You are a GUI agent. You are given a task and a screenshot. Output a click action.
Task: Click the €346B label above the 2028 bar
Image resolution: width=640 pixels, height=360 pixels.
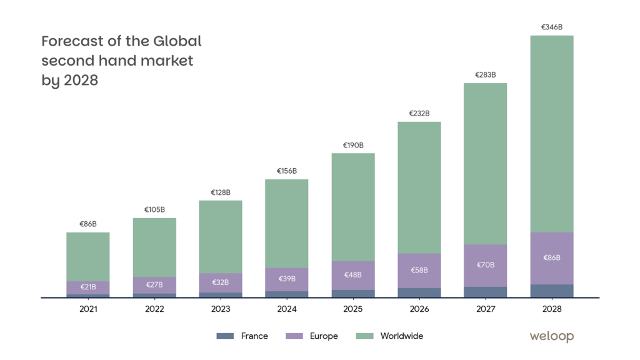[x=552, y=27]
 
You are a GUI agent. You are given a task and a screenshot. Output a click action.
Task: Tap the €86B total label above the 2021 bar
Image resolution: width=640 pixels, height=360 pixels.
[x=88, y=224]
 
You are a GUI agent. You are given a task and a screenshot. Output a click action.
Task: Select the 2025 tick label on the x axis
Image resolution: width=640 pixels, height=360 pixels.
[x=353, y=309]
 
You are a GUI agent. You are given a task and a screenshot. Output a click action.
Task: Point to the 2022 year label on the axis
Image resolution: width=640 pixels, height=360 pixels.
[x=154, y=309]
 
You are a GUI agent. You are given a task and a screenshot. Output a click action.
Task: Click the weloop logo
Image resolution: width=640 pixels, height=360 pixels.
[x=551, y=336]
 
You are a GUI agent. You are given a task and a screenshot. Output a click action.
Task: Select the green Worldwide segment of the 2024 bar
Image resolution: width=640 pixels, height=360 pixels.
[x=287, y=223]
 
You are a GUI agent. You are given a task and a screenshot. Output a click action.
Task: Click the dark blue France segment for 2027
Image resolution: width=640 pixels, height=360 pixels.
[x=486, y=292]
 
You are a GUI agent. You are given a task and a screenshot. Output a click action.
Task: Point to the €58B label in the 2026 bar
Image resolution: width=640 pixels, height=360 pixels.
[x=419, y=270]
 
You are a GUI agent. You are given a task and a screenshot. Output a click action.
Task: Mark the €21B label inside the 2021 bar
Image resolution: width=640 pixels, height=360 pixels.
[x=88, y=287]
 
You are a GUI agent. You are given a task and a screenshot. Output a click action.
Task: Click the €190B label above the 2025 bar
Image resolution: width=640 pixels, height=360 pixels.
[x=353, y=145]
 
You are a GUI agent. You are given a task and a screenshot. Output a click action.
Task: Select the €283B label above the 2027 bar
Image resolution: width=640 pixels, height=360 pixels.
[x=486, y=75]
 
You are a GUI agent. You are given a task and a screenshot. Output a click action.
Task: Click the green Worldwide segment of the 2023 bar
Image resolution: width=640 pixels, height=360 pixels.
[x=221, y=236]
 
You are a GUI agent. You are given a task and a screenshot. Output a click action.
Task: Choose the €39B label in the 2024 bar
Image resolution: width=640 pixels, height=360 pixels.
[x=287, y=279]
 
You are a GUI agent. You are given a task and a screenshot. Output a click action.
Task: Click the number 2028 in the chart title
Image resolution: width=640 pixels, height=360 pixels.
[x=81, y=81]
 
